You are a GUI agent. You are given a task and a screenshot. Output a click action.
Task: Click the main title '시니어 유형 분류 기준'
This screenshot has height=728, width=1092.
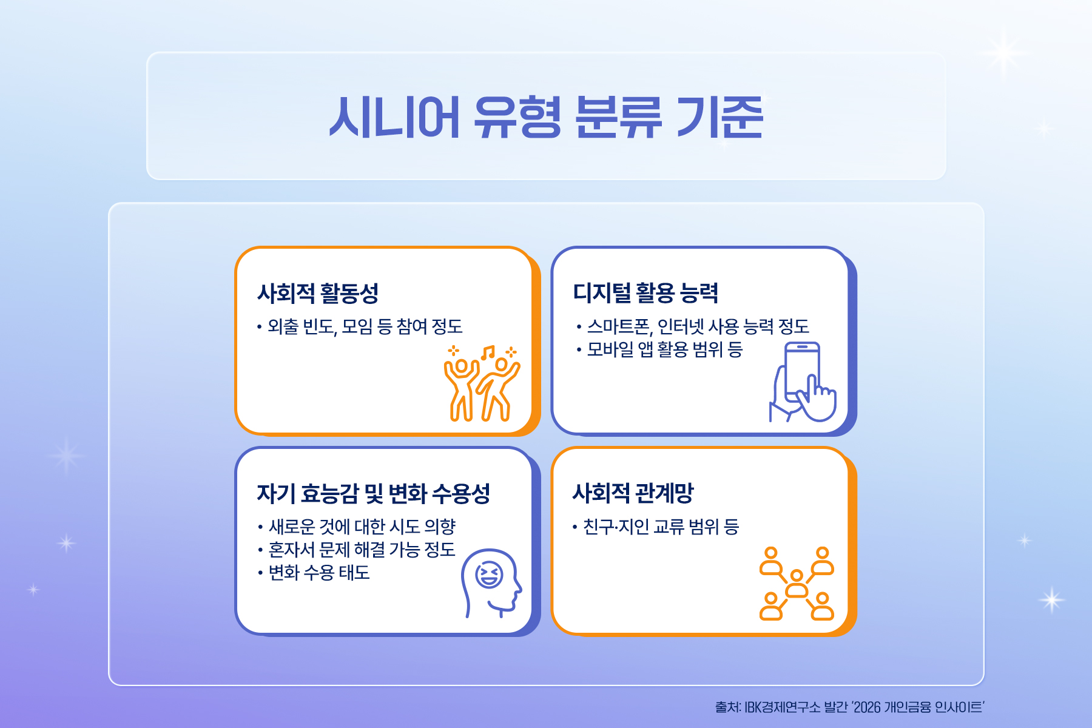(546, 117)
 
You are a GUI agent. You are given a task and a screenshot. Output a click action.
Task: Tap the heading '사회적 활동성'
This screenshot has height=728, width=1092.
(318, 293)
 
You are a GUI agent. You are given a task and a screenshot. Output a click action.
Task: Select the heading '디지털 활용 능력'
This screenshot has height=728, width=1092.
(645, 293)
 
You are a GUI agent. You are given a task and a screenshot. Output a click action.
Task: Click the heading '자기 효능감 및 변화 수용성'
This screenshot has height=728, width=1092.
(374, 493)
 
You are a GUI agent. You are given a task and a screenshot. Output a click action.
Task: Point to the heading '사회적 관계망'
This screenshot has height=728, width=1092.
(633, 493)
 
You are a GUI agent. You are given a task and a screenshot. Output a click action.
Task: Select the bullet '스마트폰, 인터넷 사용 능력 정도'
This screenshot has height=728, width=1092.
(698, 327)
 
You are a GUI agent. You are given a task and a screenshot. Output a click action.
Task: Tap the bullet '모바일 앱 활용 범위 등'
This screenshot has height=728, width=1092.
(665, 349)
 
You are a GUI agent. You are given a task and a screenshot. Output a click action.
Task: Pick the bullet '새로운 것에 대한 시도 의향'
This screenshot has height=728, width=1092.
(362, 527)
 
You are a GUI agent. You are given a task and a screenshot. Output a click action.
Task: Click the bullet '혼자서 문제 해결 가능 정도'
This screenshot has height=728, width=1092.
(362, 550)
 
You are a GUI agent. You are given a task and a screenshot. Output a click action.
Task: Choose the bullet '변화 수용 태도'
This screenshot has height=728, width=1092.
(319, 573)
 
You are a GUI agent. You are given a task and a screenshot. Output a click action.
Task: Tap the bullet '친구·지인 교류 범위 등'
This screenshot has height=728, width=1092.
(661, 527)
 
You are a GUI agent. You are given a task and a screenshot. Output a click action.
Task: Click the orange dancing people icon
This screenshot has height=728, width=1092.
(482, 383)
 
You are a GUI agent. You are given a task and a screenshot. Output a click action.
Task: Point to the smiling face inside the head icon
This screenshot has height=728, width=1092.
(489, 575)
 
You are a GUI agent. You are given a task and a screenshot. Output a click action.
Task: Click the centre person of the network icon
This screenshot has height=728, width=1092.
(797, 584)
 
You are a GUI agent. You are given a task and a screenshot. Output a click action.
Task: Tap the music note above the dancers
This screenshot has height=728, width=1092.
(488, 352)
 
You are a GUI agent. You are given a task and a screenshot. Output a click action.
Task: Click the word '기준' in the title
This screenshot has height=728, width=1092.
(720, 117)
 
